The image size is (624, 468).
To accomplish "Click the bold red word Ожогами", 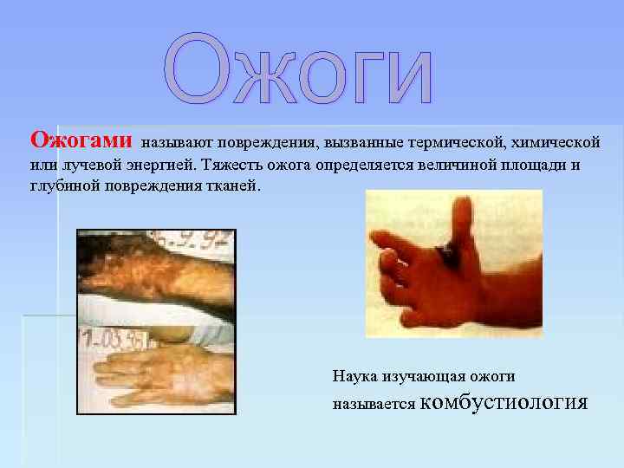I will [x=81, y=140].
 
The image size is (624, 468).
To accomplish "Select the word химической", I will [x=556, y=140].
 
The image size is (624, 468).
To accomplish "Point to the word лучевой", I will [x=82, y=164].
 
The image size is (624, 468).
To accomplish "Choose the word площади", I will [x=529, y=164].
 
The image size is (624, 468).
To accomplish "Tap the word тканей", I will [x=232, y=186].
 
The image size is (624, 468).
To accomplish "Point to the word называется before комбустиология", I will [x=374, y=404].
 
